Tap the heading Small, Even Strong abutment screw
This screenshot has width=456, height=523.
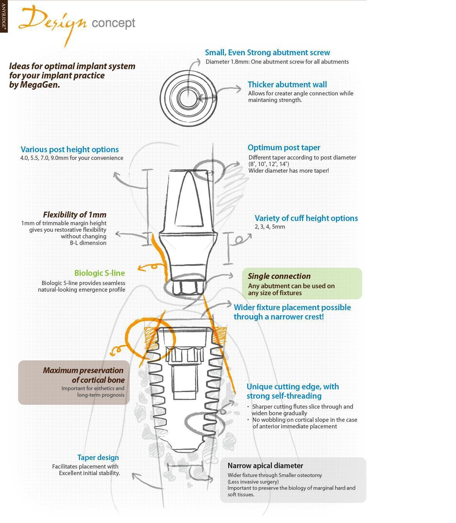(x=267, y=53)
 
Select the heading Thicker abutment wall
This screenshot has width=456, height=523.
(x=287, y=85)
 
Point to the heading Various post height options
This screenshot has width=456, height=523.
(x=70, y=149)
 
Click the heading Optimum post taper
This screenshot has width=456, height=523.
(x=284, y=148)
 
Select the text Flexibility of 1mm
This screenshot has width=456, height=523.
(x=75, y=215)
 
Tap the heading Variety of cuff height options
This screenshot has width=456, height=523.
(x=306, y=218)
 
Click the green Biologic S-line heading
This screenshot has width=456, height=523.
(x=100, y=273)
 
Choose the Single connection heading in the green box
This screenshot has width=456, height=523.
(x=279, y=276)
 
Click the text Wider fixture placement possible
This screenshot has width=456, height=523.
(x=292, y=307)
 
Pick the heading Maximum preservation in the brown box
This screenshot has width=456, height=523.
(x=83, y=370)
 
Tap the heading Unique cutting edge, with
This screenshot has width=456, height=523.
(x=292, y=387)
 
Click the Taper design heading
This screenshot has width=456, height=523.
(x=98, y=458)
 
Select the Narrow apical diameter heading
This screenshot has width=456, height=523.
(x=265, y=466)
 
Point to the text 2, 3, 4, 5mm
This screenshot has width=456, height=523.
(x=270, y=227)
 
